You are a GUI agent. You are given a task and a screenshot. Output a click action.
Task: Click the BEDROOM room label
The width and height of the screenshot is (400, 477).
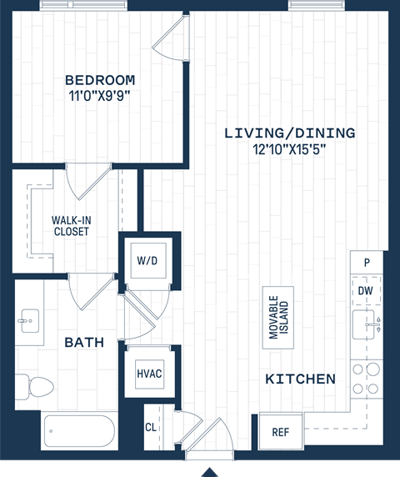100,80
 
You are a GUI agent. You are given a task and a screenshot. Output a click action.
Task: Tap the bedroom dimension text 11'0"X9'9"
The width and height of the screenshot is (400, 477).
100,95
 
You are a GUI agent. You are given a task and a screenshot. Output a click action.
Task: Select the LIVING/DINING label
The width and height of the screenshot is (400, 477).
289,133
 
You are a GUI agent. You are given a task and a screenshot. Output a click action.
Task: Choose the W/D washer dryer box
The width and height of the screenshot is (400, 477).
147,261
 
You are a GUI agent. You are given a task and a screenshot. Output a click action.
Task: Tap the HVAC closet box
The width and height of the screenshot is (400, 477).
149,373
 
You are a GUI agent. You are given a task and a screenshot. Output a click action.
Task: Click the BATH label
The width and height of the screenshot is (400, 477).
84,342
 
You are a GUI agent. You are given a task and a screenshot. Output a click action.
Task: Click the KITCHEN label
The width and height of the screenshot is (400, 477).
300,379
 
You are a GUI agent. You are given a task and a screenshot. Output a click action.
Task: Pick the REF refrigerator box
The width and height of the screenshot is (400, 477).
280,433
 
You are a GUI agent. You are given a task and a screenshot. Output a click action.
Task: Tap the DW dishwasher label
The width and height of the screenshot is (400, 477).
365,291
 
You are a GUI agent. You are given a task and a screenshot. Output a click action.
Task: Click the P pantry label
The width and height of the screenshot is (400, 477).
366,263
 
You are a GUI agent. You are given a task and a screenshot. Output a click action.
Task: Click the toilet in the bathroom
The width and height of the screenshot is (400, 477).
37,386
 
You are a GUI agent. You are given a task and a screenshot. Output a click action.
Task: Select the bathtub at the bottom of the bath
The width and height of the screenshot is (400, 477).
78,431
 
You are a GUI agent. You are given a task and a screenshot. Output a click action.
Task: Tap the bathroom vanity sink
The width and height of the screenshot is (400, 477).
29,319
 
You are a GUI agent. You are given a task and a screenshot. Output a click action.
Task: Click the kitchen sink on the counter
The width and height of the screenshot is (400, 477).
366,325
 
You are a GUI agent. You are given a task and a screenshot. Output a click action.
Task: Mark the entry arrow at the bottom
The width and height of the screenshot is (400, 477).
210,472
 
